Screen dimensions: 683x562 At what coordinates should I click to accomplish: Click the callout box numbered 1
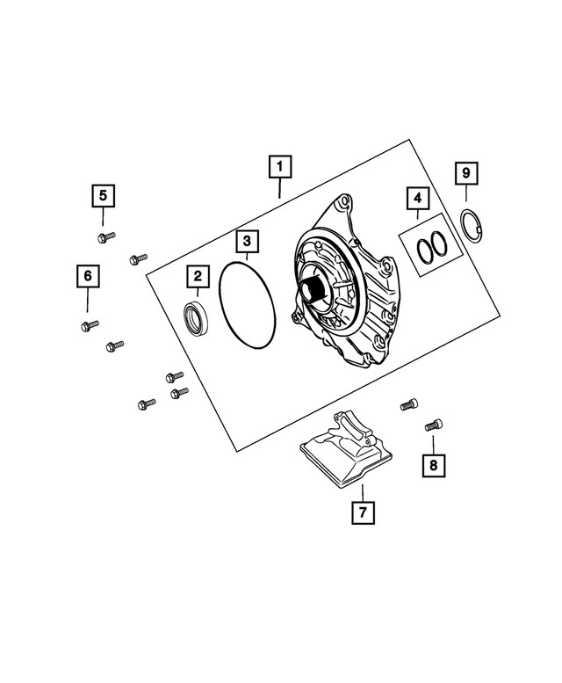279,165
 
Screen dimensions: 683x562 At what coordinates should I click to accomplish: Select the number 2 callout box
197,278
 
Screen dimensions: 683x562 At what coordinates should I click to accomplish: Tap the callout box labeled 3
247,240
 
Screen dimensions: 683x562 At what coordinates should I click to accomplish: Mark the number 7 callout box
362,512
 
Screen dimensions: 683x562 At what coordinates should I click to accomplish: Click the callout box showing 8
432,463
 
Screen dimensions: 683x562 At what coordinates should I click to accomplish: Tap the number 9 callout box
467,173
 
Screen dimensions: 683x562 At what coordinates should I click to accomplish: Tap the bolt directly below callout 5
103,236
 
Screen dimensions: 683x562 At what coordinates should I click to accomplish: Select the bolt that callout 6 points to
88,326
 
